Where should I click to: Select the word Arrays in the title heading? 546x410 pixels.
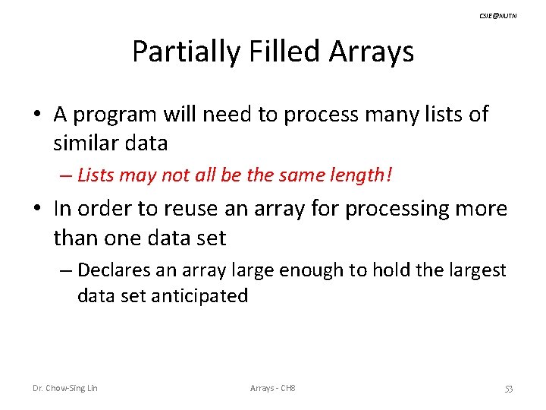(372, 52)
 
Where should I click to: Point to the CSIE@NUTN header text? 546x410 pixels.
(498, 15)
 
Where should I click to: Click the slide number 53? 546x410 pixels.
(508, 389)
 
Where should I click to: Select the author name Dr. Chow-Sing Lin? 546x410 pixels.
(64, 389)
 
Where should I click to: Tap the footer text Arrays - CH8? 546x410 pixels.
(272, 389)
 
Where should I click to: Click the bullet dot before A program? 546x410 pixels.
(37, 115)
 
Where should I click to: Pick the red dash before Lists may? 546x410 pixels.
(66, 176)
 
